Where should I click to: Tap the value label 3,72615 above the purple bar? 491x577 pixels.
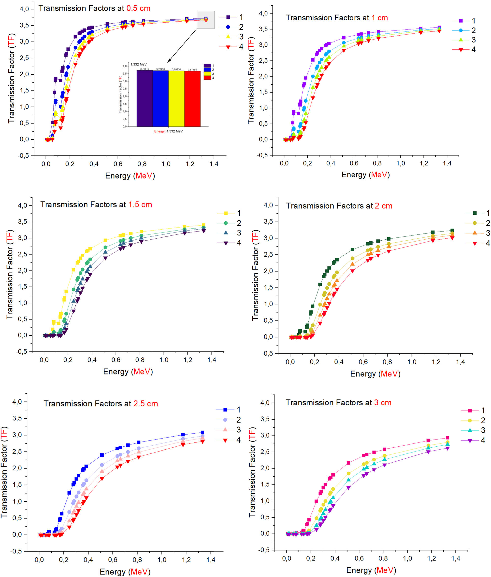tap(144, 69)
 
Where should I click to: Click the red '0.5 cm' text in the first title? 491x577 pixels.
tap(138, 8)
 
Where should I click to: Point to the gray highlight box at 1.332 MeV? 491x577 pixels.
tap(205, 20)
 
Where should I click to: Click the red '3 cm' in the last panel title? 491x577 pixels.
tap(382, 403)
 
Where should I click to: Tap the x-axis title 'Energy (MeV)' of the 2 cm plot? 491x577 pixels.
tap(375, 374)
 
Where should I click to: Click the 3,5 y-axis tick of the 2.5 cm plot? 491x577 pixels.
tap(17, 418)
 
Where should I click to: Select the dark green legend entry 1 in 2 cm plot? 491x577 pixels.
tap(478, 213)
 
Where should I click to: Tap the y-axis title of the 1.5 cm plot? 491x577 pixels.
tap(10, 274)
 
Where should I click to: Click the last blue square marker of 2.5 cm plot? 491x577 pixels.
tap(202, 432)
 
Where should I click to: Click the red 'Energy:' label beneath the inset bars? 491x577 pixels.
tap(160, 131)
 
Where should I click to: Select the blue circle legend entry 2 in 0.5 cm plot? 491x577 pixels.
tap(233, 27)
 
